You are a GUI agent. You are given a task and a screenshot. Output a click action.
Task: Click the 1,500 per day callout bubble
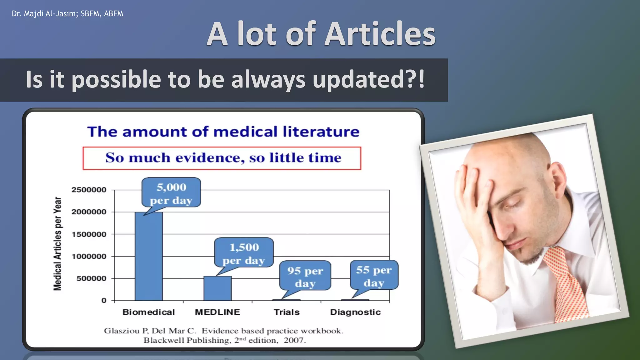coord(244,252)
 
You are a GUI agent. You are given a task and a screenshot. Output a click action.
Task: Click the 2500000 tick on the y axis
coord(89,190)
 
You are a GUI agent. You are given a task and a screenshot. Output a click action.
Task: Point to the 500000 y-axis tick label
coord(91,278)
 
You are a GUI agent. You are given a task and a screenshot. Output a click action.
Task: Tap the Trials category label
coord(287,312)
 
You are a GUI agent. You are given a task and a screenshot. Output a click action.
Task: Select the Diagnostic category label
coord(355,312)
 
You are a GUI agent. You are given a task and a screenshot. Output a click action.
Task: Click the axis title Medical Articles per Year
coord(57,244)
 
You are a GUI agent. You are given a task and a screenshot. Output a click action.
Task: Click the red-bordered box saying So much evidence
coord(222,158)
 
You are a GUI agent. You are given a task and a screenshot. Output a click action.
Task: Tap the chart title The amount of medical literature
coord(223,132)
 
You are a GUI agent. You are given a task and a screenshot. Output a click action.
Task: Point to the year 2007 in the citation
coord(294,340)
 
